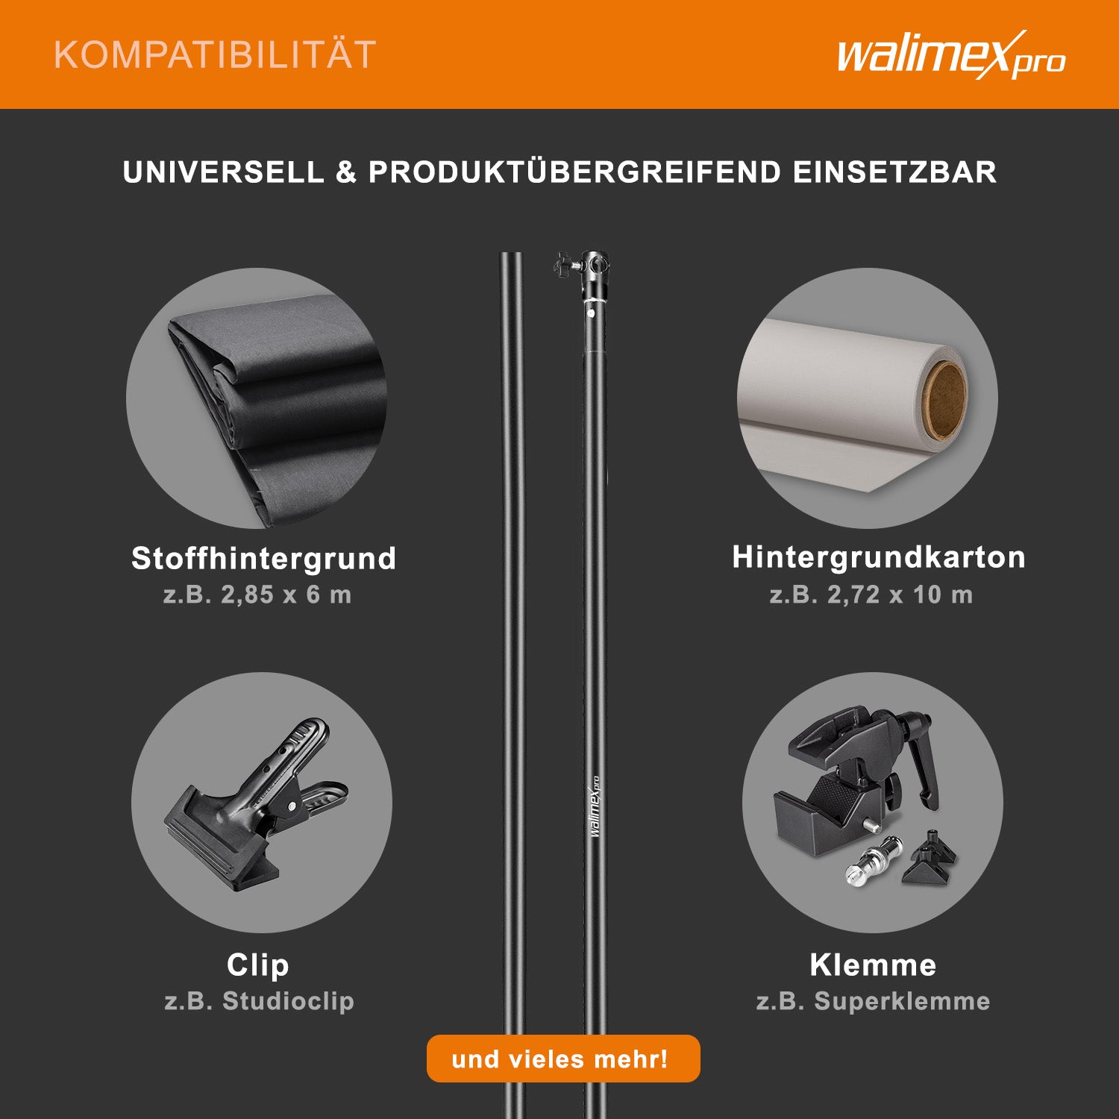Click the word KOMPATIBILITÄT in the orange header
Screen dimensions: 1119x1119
tap(215, 55)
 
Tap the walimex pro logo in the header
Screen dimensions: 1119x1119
tap(951, 54)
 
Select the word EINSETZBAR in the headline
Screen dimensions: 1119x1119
tap(894, 172)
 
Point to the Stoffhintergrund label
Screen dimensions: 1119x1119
tap(263, 558)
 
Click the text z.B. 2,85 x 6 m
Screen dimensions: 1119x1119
tap(257, 595)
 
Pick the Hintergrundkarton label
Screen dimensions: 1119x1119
tap(879, 557)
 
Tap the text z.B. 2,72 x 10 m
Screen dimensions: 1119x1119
tap(871, 595)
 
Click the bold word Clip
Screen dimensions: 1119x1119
tap(257, 965)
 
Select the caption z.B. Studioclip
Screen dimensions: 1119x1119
tap(259, 1000)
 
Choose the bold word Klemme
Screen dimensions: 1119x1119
tap(873, 965)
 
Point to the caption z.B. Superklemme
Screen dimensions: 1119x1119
tap(873, 1000)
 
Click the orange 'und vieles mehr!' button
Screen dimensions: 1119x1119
tap(563, 1059)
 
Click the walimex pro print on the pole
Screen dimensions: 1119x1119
tap(595, 806)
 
